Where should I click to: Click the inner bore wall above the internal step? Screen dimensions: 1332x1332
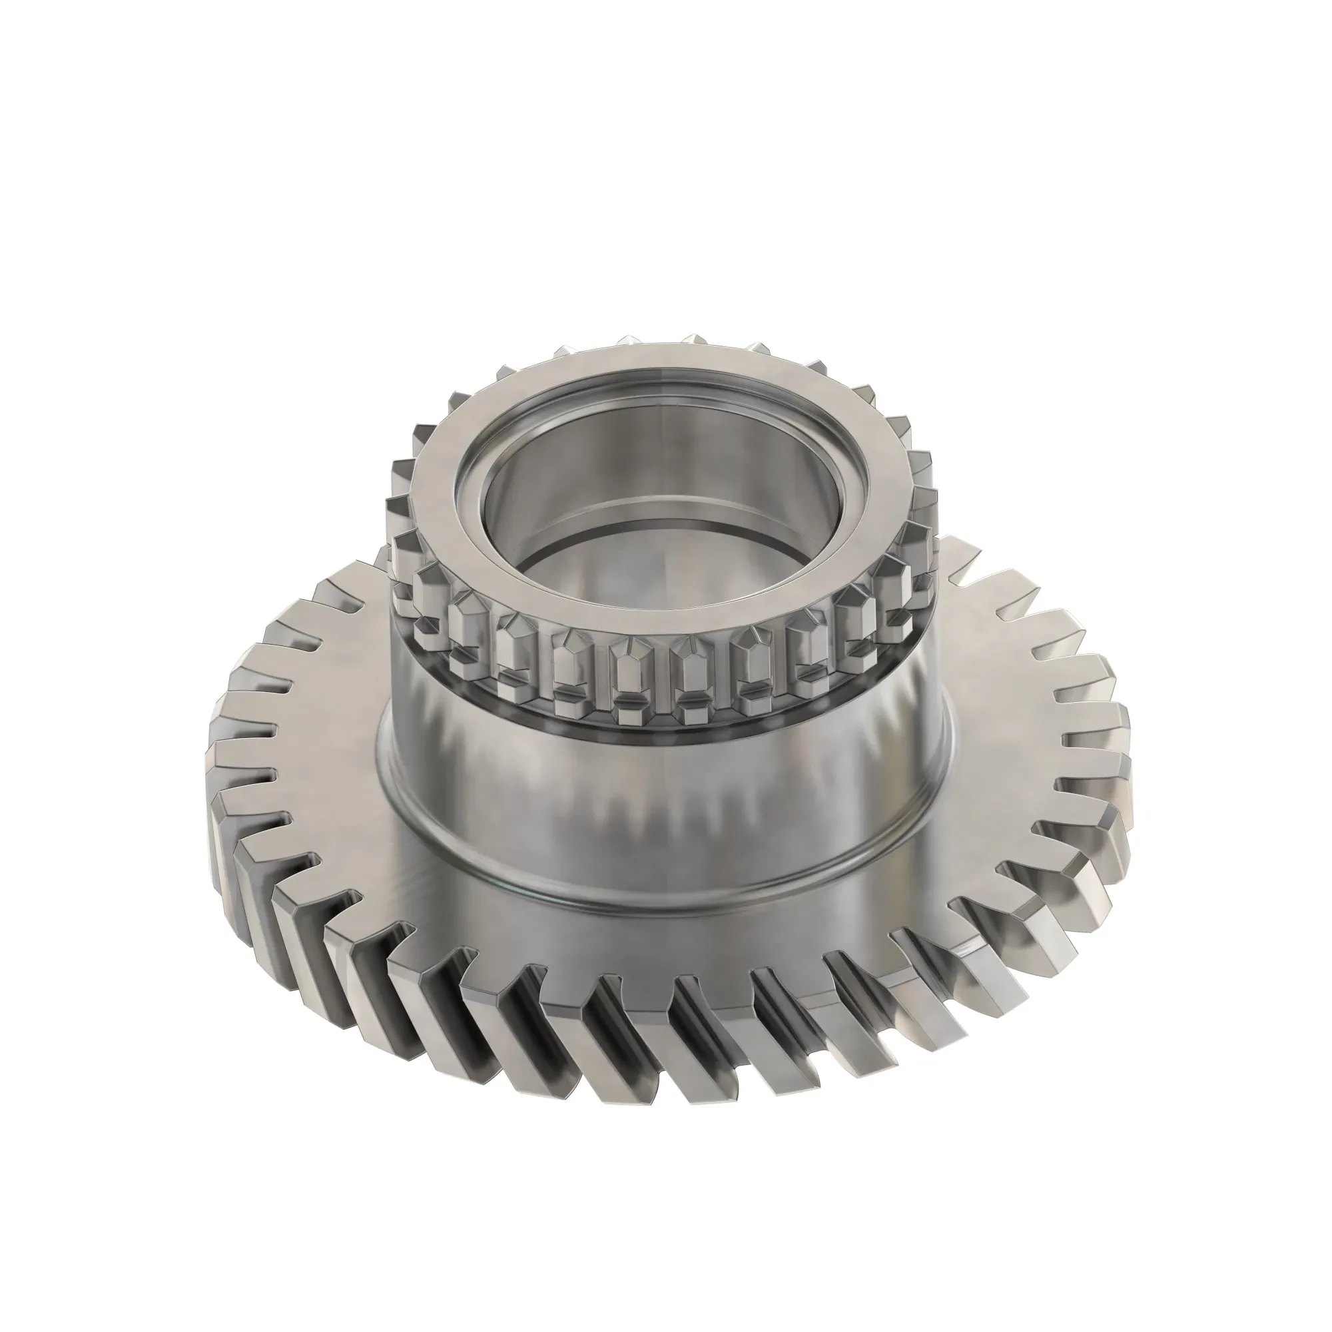(x=662, y=476)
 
